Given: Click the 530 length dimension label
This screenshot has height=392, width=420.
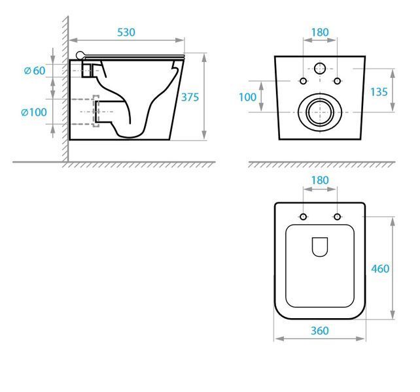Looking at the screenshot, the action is coord(126,33).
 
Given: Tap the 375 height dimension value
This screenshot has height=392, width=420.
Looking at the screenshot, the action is coord(190,97).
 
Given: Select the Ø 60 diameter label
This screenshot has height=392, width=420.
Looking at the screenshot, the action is coord(35,71).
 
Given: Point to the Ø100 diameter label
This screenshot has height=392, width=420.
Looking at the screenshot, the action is coord(34,112).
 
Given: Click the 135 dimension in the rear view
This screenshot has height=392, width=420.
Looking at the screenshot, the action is coord(379,92).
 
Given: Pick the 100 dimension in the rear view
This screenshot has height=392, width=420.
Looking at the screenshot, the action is coord(247,97).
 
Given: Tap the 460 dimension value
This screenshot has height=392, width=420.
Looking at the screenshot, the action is coord(380,269).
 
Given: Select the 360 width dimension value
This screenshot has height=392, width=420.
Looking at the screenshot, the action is coord(320,331).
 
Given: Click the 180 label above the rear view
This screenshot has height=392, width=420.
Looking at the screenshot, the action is coord(320,33).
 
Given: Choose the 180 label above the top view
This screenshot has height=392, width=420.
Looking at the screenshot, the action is coord(320,180).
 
